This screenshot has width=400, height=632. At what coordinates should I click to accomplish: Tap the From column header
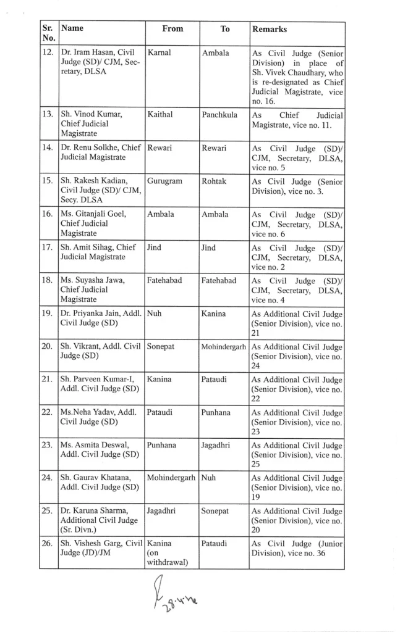point(172,28)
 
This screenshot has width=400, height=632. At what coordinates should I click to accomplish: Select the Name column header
point(73,28)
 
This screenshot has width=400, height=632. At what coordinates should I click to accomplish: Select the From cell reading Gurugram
point(164,181)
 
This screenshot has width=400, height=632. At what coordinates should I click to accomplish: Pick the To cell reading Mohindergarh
point(224,347)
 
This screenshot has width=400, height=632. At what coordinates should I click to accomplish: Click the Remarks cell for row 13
point(297,120)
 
